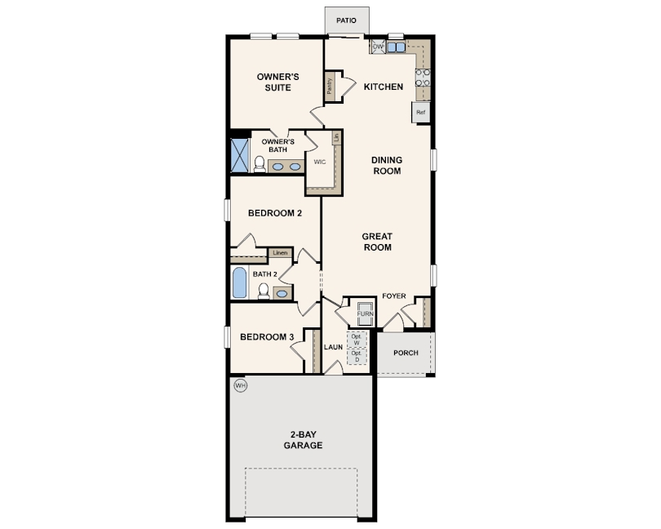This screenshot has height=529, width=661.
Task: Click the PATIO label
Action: point(346,20)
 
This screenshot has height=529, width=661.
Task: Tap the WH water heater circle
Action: point(240,385)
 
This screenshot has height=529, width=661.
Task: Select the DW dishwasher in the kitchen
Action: point(378,47)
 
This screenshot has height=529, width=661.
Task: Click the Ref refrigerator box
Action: point(421,112)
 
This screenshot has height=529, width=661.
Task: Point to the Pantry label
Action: point(329,86)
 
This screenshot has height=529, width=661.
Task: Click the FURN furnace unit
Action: point(365,313)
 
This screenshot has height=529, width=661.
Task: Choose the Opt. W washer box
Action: point(357,340)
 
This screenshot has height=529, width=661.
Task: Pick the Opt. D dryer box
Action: point(357,357)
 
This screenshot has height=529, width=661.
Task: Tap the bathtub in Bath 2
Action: point(239,282)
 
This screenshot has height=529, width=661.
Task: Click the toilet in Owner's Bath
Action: point(260,164)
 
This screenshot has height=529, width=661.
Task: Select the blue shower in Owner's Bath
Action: point(239,155)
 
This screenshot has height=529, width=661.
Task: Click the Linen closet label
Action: point(280,253)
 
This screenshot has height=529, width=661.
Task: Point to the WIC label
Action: point(320,162)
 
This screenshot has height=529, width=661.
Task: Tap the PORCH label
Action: point(406,353)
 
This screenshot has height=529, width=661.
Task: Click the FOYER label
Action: point(394,296)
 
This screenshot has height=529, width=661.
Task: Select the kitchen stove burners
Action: point(423,78)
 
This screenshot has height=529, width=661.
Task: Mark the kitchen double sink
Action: point(396,47)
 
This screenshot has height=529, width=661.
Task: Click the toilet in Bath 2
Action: point(264,291)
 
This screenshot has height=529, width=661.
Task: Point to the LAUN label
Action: point(333,347)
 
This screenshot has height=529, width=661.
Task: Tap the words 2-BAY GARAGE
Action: point(303,440)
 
